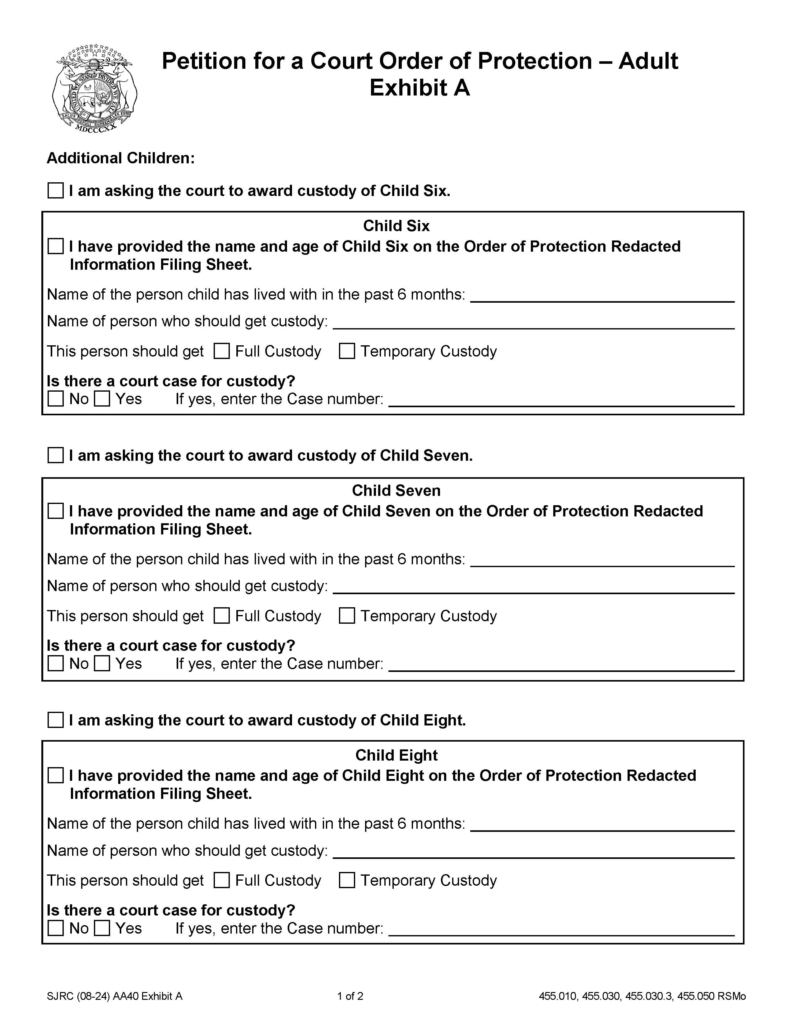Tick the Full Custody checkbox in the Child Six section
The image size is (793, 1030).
[x=222, y=351]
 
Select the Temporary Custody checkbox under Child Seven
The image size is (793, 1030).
[x=347, y=616]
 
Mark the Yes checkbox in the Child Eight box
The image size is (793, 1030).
[x=102, y=928]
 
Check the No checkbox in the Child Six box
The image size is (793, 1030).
[x=56, y=399]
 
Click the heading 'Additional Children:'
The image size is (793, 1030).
[x=121, y=158]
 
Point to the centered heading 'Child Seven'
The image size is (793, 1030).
[x=396, y=491]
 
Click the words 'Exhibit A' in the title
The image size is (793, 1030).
[x=419, y=88]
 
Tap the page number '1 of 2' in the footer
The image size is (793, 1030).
[x=350, y=996]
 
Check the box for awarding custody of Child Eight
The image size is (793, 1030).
[x=56, y=720]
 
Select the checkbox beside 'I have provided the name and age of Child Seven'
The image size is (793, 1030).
[x=56, y=511]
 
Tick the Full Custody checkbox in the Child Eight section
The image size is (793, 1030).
[x=222, y=880]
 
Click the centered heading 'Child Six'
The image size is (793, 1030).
[x=396, y=226]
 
